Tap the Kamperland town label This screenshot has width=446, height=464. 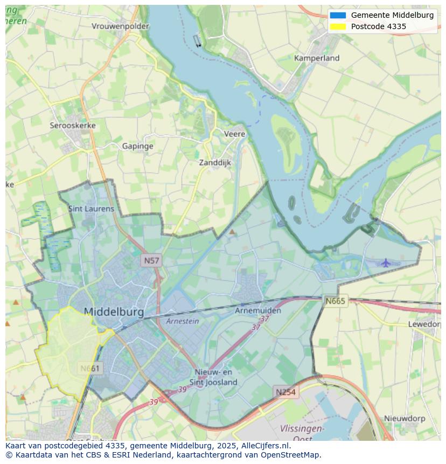[317, 58]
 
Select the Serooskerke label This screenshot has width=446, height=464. [73, 126]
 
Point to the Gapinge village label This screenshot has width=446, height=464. [137, 146]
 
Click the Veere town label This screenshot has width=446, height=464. [234, 134]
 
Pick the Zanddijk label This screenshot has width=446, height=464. [215, 163]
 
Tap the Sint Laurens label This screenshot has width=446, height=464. [91, 209]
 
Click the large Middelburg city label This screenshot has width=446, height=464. [114, 312]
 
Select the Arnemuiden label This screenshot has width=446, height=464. [258, 311]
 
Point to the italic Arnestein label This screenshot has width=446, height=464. [183, 321]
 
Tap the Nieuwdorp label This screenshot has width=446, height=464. [405, 418]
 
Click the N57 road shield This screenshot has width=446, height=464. [151, 261]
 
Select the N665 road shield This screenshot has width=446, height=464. [336, 301]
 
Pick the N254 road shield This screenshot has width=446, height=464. [285, 392]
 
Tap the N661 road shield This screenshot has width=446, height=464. [89, 369]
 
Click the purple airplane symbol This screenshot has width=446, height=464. [386, 263]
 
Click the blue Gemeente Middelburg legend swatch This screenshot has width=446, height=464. [338, 15]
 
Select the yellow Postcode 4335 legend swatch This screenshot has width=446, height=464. [338, 26]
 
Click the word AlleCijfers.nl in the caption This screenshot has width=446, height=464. [264, 446]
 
